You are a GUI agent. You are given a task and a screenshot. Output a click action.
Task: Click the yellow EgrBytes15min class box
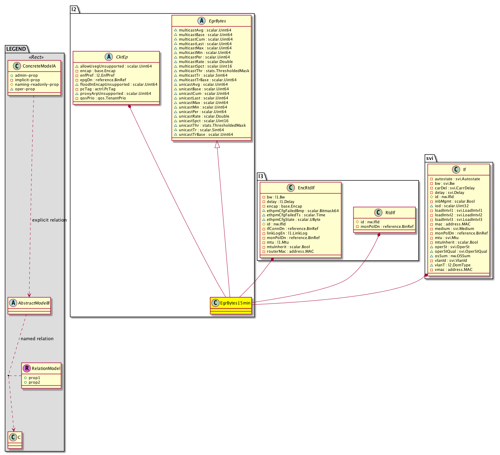(x=230, y=305)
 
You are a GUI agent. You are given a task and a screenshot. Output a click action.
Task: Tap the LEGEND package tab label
(x=16, y=49)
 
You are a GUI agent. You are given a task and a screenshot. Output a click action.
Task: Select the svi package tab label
(x=430, y=158)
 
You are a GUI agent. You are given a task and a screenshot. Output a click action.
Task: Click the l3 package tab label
(x=261, y=176)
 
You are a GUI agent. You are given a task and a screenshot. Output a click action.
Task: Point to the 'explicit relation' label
(x=49, y=220)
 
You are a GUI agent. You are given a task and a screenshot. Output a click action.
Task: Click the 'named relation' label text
(x=37, y=338)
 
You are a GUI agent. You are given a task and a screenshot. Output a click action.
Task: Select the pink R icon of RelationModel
(x=27, y=368)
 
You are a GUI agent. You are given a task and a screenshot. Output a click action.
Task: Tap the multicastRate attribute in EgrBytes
(x=206, y=62)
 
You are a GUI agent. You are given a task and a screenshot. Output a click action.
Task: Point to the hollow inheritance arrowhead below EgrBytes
(x=217, y=144)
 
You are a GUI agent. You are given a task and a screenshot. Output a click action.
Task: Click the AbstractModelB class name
(x=34, y=303)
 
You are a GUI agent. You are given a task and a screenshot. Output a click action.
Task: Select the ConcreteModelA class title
(x=39, y=66)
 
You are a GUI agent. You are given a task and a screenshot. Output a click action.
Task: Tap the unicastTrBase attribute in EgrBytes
(x=206, y=134)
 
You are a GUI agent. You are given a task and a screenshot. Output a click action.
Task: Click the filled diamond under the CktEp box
(x=129, y=107)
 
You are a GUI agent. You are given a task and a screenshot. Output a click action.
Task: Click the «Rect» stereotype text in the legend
(x=36, y=57)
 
